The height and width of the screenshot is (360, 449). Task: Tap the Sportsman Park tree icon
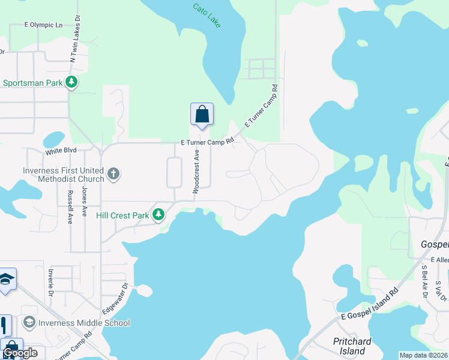(x=72, y=82)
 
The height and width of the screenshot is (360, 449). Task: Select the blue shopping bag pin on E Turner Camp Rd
(x=202, y=114)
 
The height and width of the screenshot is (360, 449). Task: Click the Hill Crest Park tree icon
(x=158, y=214)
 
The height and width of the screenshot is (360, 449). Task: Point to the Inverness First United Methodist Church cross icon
(x=113, y=174)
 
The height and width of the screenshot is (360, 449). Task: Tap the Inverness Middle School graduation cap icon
(x=29, y=323)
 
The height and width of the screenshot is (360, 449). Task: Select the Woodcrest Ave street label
(x=196, y=171)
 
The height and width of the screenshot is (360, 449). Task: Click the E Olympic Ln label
(x=43, y=25)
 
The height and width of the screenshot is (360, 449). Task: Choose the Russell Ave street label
(x=70, y=207)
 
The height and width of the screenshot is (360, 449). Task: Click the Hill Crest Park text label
(x=122, y=215)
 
